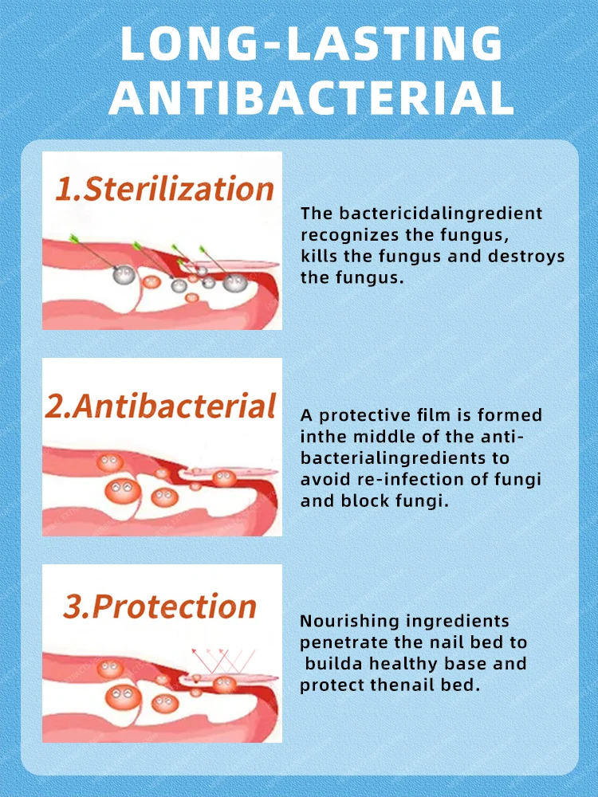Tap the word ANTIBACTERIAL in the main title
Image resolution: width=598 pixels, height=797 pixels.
(311, 96)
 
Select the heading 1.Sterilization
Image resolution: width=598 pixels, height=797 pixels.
(164, 189)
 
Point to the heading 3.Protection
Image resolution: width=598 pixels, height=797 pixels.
(160, 606)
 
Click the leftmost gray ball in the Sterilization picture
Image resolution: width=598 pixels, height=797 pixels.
(124, 274)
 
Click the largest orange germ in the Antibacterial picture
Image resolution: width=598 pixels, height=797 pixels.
(123, 490)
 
